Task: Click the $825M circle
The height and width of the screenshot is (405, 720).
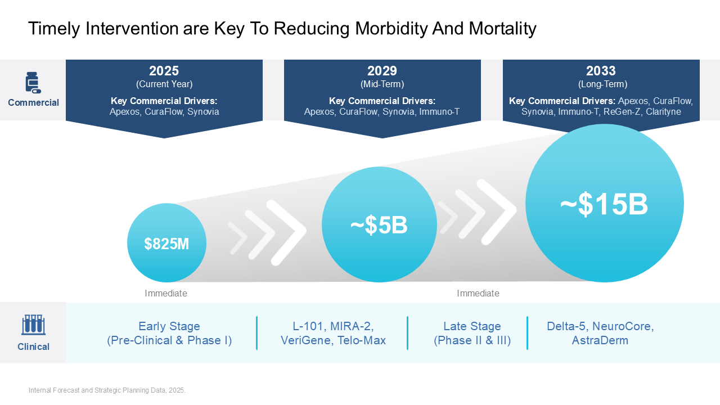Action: coord(166,243)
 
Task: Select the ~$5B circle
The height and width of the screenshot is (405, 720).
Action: coord(379,224)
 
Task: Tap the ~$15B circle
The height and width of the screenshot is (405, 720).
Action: coord(604,204)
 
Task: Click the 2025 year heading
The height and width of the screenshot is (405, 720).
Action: coord(164,71)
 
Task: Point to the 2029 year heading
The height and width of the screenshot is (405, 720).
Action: coord(382,71)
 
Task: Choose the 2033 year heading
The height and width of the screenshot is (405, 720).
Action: coord(601,71)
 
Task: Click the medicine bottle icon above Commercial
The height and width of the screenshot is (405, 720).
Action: coord(33,82)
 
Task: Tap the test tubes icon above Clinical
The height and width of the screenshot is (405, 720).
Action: coord(33,325)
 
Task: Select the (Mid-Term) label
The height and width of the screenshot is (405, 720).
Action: coord(382,84)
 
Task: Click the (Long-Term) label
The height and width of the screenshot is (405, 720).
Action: coord(602,84)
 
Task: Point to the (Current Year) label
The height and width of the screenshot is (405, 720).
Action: coord(164,84)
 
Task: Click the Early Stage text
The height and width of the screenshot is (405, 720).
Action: coord(169,326)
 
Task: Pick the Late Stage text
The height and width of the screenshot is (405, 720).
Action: coord(472,326)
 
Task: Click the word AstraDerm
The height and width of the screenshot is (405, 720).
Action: coord(600,340)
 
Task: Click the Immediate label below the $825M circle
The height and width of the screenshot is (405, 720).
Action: coord(166,293)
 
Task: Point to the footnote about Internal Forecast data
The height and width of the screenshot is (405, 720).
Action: coord(107,390)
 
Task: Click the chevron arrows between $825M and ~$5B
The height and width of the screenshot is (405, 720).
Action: coord(267,232)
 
